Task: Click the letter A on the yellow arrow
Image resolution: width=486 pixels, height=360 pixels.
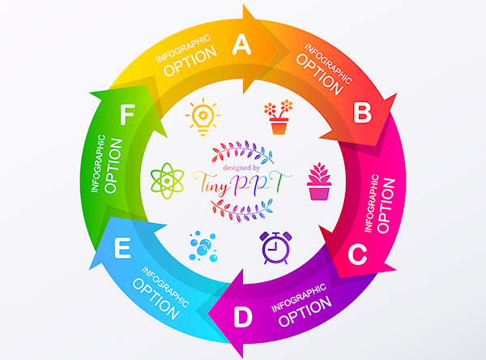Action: [x=241, y=46]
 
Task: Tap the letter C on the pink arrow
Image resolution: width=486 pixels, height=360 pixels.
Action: [x=356, y=255]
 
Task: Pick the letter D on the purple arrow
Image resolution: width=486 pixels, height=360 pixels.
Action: [x=243, y=318]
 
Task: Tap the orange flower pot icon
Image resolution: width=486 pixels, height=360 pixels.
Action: [x=279, y=118]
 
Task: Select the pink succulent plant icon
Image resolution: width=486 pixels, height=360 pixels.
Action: [x=319, y=182]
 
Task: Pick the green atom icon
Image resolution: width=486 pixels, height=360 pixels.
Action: [x=166, y=180]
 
